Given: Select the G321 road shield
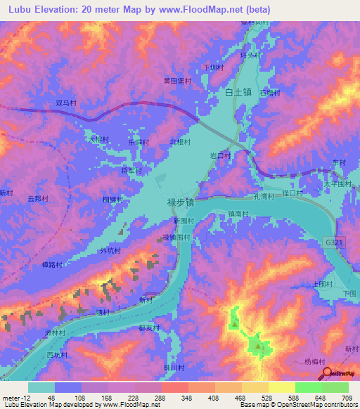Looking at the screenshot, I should click(x=336, y=241).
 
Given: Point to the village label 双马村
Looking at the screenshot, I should click(x=66, y=103).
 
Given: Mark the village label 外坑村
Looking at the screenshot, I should click(x=110, y=250).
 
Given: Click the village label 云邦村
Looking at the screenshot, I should click(x=37, y=199).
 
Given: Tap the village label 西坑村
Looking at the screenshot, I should click(x=56, y=356).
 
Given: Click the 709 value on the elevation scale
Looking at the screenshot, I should click(x=346, y=397).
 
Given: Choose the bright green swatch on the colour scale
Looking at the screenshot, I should click(x=309, y=387).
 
